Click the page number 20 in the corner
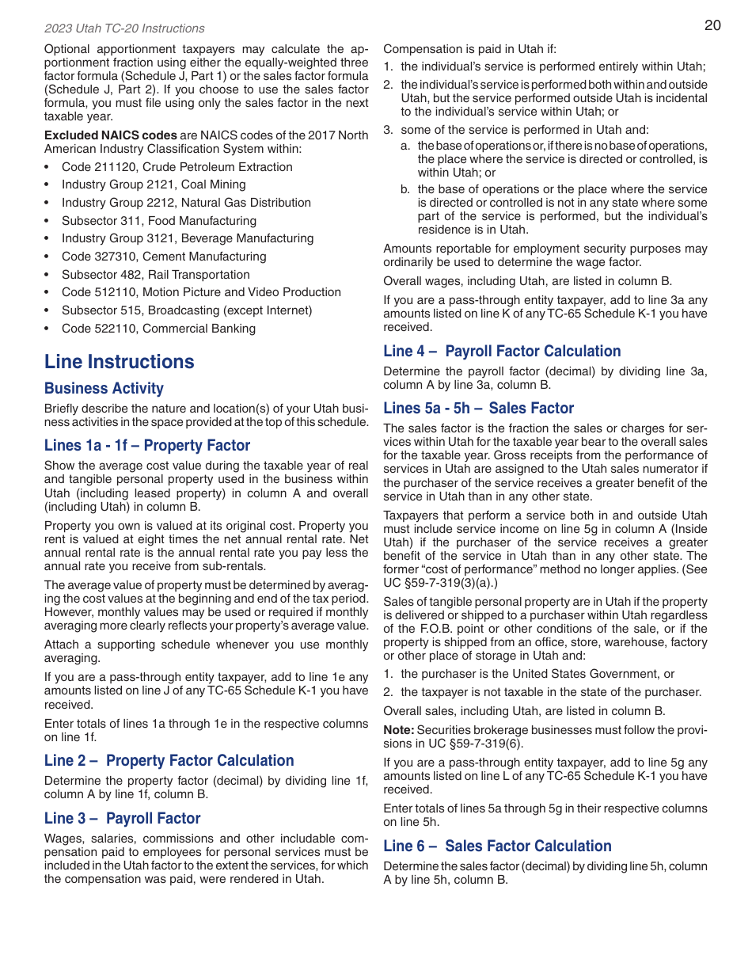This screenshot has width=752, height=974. pyautogui.click(x=712, y=25)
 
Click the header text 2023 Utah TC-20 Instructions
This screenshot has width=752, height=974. pyautogui.click(x=124, y=29)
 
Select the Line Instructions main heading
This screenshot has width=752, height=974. pyautogui.click(x=119, y=362)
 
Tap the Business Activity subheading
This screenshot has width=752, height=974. pyautogui.click(x=104, y=389)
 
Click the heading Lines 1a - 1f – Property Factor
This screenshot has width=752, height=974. pyautogui.click(x=147, y=446)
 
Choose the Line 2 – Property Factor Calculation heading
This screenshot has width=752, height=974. pyautogui.click(x=169, y=761)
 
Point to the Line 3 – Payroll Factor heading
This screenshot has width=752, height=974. pyautogui.click(x=122, y=819)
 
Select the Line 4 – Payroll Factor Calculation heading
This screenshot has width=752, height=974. pyautogui.click(x=502, y=352)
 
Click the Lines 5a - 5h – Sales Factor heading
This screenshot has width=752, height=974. pyautogui.click(x=478, y=409)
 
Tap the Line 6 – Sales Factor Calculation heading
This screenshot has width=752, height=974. pyautogui.click(x=497, y=847)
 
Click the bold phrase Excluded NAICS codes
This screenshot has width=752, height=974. pyautogui.click(x=110, y=135)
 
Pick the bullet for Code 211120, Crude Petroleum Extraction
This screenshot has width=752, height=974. pyautogui.click(x=177, y=167)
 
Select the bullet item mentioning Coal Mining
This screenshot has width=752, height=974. pyautogui.click(x=154, y=185)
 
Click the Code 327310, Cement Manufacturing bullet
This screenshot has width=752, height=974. pyautogui.click(x=164, y=257)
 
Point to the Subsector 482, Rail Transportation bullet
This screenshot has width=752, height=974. pyautogui.click(x=155, y=275)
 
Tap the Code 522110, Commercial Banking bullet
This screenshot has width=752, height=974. pyautogui.click(x=158, y=329)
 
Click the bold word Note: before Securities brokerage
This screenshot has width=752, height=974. pyautogui.click(x=399, y=730)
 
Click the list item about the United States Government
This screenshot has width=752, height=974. pyautogui.click(x=537, y=674)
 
